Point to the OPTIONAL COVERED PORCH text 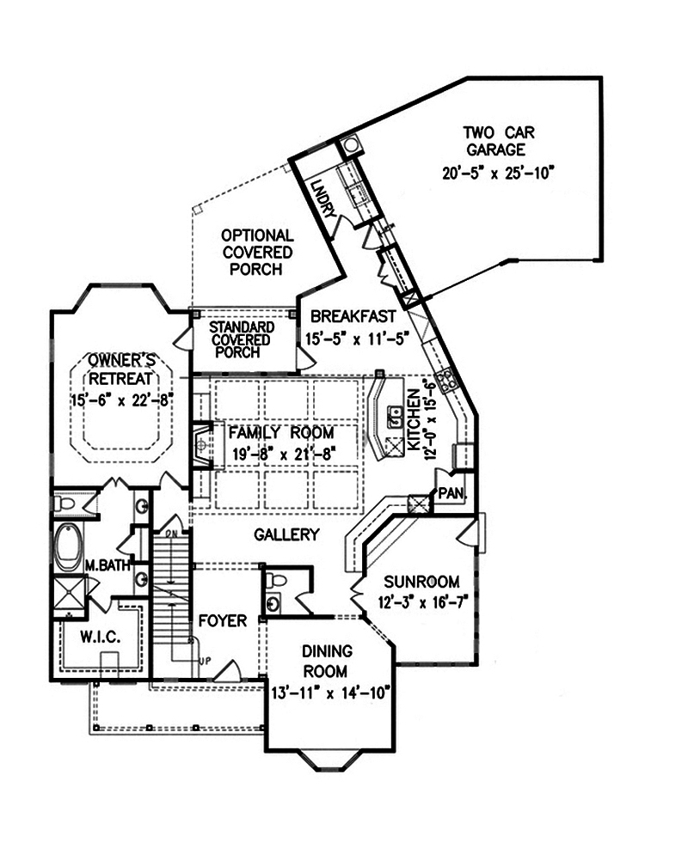(x=256, y=252)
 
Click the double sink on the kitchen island (x=396, y=418)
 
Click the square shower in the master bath (x=69, y=595)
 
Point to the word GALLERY (x=286, y=535)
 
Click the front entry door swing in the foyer (x=226, y=669)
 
